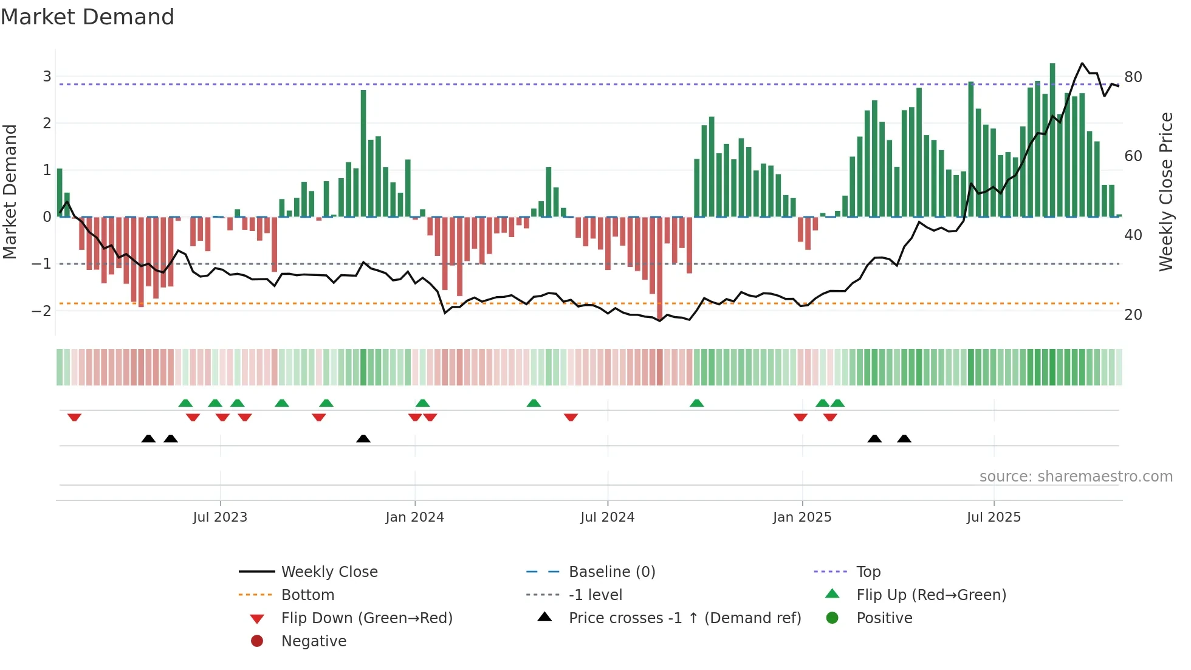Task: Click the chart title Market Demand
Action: pos(88,17)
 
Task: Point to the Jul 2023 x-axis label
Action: pos(220,517)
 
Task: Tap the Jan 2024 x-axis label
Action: pos(415,517)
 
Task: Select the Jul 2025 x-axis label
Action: pos(994,517)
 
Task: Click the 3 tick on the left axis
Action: pos(47,77)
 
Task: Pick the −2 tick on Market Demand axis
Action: pos(42,311)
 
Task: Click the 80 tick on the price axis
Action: pos(1133,77)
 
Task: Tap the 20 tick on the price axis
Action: pos(1133,315)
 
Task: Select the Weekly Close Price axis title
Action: pos(1165,192)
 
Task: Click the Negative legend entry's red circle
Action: pos(257,641)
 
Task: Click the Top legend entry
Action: pos(868,572)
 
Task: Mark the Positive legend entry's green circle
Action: pos(832,618)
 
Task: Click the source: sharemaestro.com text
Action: pos(1076,477)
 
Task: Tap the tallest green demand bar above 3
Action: pos(1052,140)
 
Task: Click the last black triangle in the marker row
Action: pos(904,439)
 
